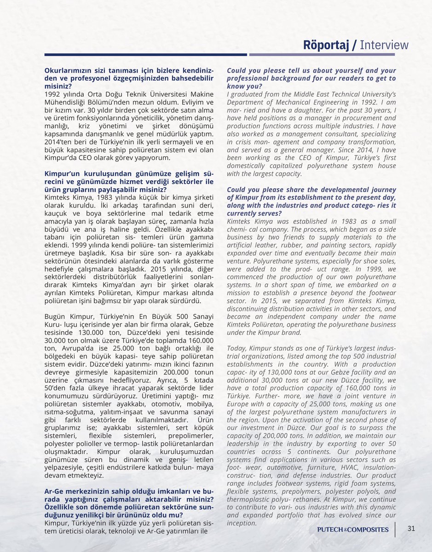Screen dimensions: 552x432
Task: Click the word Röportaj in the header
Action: (328, 45)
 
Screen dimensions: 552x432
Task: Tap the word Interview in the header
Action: (384, 45)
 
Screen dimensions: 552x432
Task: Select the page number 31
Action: (411, 529)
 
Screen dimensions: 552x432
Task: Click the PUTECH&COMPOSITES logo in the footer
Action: (353, 529)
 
